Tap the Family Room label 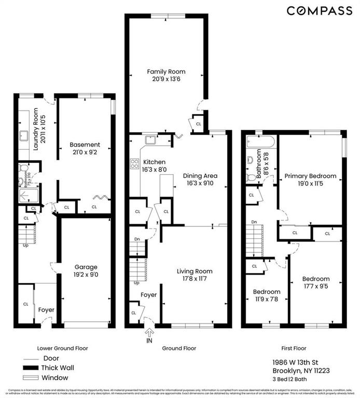[166, 72]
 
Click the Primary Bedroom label [310, 176]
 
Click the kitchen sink [151, 139]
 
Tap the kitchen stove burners [132, 164]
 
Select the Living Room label [195, 271]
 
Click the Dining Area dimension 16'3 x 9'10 [200, 183]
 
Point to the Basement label [85, 145]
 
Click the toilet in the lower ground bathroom [22, 168]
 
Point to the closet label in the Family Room [198, 124]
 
